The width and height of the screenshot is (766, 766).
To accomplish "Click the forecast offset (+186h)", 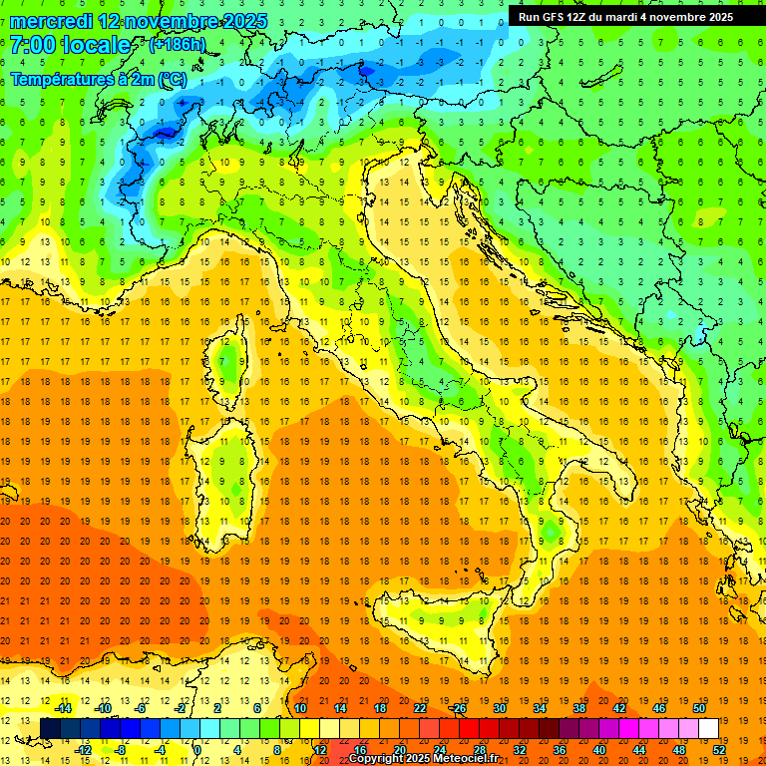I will tap(179, 45).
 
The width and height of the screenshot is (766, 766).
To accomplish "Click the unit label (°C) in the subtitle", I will tap(172, 79).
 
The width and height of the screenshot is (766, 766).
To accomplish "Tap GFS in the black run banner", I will tap(555, 16).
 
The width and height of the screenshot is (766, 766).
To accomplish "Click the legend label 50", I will tap(698, 708).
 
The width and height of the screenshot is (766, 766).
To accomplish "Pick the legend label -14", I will tap(62, 708).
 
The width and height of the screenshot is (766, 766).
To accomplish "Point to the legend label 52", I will tap(720, 750).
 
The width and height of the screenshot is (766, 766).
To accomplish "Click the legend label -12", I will tap(84, 750).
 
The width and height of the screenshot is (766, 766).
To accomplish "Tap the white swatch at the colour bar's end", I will tap(708, 729).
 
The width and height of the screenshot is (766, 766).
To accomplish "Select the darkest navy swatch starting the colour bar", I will tap(50, 729).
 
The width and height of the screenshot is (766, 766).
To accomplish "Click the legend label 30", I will tap(499, 708).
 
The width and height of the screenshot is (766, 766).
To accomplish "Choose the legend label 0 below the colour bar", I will tap(197, 750).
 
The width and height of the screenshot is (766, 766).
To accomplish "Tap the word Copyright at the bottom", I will tap(376, 759).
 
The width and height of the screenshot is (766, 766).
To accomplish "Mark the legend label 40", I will tap(599, 750).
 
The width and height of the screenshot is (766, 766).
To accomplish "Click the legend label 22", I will tap(420, 708).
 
